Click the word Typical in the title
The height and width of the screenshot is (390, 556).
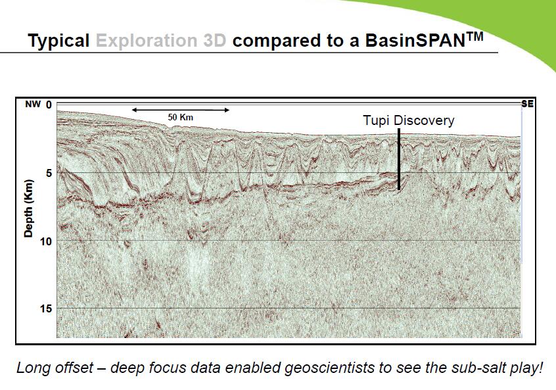[58, 41]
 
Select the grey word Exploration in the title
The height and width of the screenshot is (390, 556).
[147, 41]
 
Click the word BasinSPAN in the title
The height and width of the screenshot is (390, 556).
[415, 41]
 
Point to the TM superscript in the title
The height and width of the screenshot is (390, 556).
[474, 36]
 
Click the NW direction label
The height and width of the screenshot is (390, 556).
[33, 105]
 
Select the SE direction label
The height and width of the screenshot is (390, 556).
[527, 104]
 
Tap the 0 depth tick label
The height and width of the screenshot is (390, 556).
[49, 105]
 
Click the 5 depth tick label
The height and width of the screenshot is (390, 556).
[49, 173]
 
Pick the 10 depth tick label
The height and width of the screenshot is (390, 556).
[46, 241]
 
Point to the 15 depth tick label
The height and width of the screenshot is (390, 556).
[46, 308]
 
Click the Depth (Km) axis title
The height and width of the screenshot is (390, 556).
[28, 208]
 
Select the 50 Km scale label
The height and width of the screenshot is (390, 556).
[181, 117]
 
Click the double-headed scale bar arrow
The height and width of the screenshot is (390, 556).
[181, 110]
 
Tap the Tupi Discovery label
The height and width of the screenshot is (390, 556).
[409, 120]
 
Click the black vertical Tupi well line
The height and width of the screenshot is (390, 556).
[399, 159]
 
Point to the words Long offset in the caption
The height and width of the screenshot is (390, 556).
[55, 368]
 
